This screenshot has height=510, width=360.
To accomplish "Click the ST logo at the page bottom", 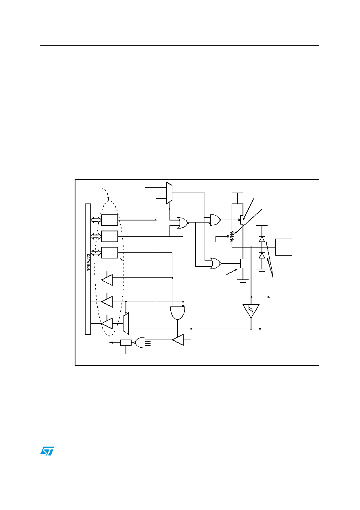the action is (47, 451).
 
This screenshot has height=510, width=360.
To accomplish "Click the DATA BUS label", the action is (88, 262).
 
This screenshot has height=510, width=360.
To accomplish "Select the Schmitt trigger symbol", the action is (251, 311).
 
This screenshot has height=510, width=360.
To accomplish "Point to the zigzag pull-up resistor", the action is (232, 236).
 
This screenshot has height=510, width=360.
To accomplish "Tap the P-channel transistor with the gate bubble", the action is (241, 220).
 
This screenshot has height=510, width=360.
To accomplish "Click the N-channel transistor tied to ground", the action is (241, 263).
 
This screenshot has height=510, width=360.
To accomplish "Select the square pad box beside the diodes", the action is (284, 247).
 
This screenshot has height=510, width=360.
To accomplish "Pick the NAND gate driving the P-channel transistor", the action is (215, 220).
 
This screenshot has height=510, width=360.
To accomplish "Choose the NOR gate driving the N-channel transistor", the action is (215, 263).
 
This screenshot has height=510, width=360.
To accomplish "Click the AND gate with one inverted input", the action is (178, 312).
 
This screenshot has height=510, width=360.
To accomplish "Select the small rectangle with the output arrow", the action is (126, 342).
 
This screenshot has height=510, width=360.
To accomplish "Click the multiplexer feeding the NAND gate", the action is (169, 193).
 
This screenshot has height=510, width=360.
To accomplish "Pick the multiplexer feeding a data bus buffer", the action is (126, 323).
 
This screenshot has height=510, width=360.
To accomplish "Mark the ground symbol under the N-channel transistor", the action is (243, 281).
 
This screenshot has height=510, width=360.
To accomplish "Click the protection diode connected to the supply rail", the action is (262, 239).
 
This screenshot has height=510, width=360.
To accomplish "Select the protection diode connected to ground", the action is (262, 256).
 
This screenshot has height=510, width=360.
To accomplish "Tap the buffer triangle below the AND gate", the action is (178, 340).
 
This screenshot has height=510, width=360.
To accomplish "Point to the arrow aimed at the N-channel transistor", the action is (232, 272).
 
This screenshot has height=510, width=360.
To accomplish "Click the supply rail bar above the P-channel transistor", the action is (237, 193).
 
